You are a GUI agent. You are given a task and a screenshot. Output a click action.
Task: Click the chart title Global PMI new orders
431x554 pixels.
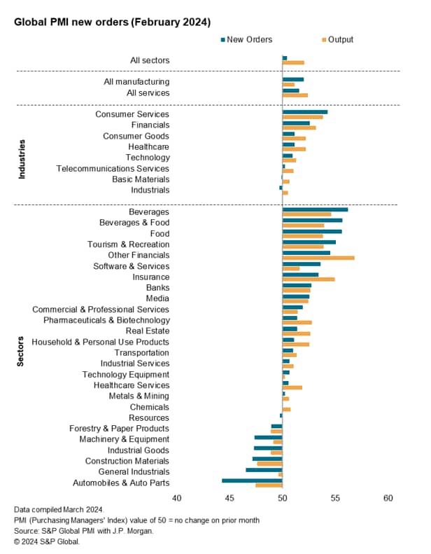(x=113, y=22)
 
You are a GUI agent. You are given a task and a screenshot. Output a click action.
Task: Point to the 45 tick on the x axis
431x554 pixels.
(x=229, y=498)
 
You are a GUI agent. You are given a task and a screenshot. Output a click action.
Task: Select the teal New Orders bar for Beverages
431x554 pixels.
(x=315, y=209)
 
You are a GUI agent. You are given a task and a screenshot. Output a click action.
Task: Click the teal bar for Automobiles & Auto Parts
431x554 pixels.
(x=252, y=480)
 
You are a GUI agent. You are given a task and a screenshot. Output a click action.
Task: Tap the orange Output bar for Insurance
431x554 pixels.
(x=309, y=279)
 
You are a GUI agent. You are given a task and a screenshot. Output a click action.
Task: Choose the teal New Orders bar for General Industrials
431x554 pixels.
(x=264, y=469)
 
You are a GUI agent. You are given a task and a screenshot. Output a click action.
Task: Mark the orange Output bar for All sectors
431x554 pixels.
(x=293, y=63)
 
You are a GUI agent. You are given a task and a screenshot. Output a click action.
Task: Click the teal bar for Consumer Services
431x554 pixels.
(x=305, y=111)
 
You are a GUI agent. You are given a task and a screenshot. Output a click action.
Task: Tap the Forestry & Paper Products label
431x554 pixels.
(x=119, y=429)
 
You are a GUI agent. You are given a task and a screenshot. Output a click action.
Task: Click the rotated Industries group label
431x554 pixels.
(x=22, y=159)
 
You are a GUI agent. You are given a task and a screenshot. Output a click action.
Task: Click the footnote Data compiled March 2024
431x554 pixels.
(x=59, y=509)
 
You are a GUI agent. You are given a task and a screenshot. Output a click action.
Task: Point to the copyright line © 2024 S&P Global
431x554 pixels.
(x=47, y=541)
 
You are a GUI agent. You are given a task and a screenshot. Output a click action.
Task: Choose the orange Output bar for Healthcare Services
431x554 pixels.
(x=292, y=387)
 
